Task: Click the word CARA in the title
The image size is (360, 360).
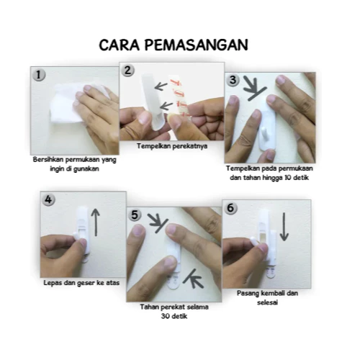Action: tap(120, 45)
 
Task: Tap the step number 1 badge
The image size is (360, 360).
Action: tap(39, 75)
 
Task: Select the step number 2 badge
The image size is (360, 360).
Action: tap(127, 71)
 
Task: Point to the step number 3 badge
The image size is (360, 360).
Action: tap(233, 80)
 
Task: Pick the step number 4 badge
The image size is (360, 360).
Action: tap(48, 199)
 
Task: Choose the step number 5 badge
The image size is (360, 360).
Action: tap(135, 215)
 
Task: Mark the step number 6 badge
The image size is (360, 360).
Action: tap(230, 208)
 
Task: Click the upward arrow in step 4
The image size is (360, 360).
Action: tap(96, 222)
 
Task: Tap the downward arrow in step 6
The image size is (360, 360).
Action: tap(284, 227)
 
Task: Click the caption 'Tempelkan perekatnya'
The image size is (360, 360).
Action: tap(172, 146)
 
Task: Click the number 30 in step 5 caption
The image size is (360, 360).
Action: tap(166, 316)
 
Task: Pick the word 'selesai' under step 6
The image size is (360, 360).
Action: tap(267, 302)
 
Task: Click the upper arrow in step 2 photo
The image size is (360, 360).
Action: tap(161, 86)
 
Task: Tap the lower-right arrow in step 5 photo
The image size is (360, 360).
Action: tap(193, 279)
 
